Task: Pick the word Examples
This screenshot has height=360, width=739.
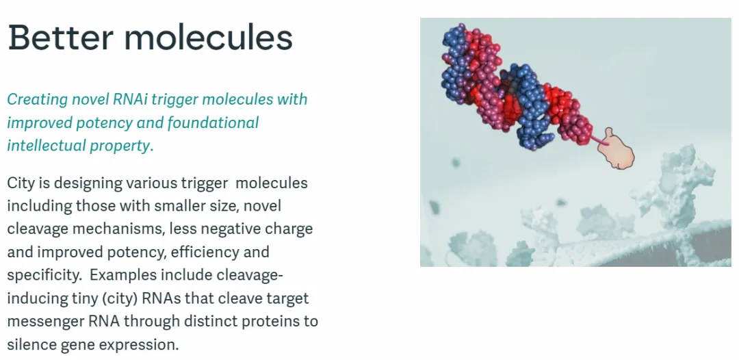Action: click(x=123, y=276)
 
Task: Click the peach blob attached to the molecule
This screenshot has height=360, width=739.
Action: click(x=616, y=149)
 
